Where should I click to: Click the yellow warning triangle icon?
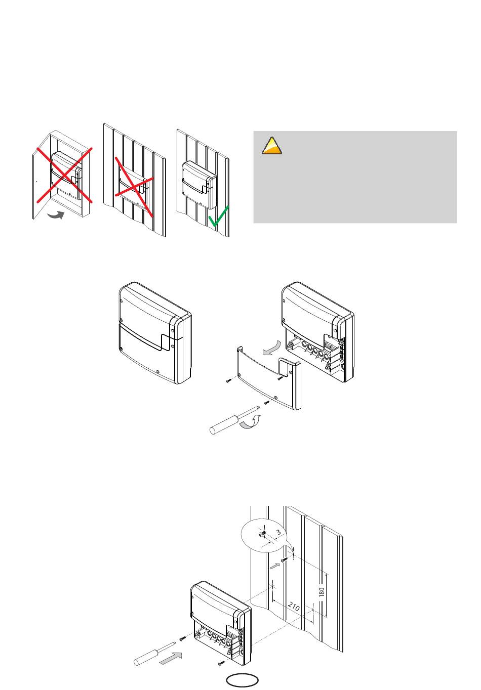[272, 146]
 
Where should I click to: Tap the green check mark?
[218, 216]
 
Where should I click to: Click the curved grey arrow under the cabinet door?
[56, 215]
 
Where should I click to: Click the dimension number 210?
[294, 607]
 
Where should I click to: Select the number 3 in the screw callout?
[278, 532]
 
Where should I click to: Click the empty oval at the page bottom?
[243, 680]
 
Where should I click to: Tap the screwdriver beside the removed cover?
[234, 420]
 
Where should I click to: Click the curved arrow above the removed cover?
[272, 348]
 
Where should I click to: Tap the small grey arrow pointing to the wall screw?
[275, 566]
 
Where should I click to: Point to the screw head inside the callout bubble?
[262, 534]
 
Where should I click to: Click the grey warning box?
[355, 177]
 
